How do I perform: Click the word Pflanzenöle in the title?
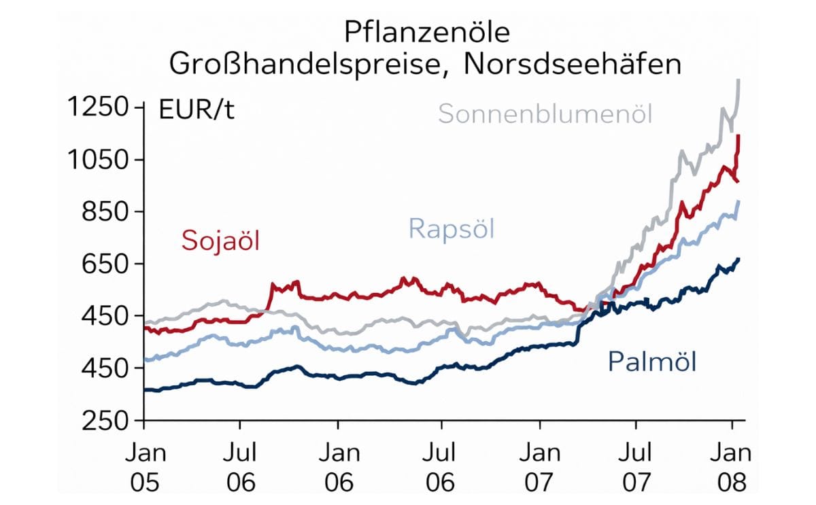pos(426,32)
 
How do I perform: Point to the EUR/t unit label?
pos(197,109)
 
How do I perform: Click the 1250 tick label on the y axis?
pos(99,108)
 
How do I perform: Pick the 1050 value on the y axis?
pos(99,160)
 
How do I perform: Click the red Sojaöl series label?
pos(221,240)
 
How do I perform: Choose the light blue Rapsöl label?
pos(452,228)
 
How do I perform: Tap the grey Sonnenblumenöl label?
pos(545,114)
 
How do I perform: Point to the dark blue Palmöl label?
pos(652,362)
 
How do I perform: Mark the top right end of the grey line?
pos(739,80)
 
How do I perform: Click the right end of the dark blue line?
pos(739,259)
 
